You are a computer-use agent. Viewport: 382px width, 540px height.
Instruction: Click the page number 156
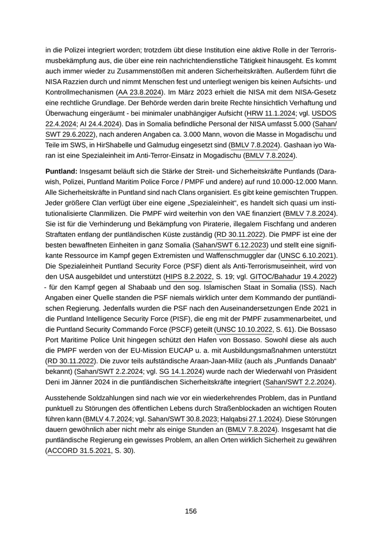point(190,511)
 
